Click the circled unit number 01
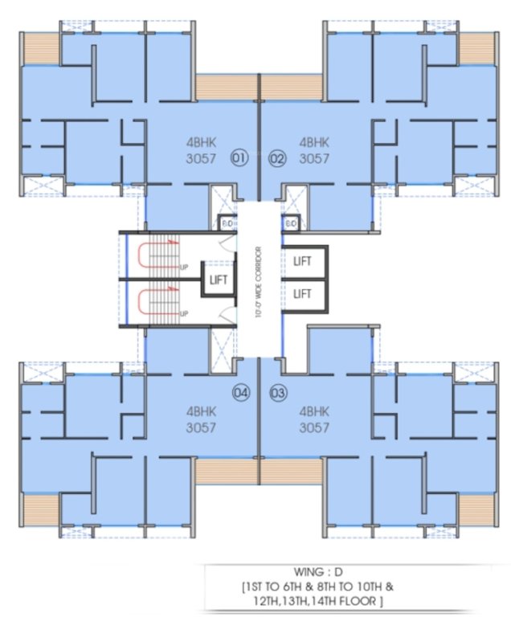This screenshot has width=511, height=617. (238, 158)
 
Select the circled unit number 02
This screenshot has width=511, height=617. (277, 158)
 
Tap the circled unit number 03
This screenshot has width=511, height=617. (278, 393)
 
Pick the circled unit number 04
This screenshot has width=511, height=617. (239, 393)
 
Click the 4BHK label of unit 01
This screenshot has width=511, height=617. (201, 141)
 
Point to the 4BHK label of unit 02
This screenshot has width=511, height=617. (314, 141)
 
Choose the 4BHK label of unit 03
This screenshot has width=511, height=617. (314, 411)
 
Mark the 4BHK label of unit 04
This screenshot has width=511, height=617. (201, 411)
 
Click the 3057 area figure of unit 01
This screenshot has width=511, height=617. (201, 158)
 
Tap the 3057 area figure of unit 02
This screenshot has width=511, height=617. (314, 158)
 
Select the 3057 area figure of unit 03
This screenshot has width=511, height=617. (314, 427)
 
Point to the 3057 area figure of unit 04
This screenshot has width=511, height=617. (201, 427)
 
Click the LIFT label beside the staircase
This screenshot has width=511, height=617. (219, 280)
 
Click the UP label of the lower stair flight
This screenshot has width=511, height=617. (185, 313)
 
